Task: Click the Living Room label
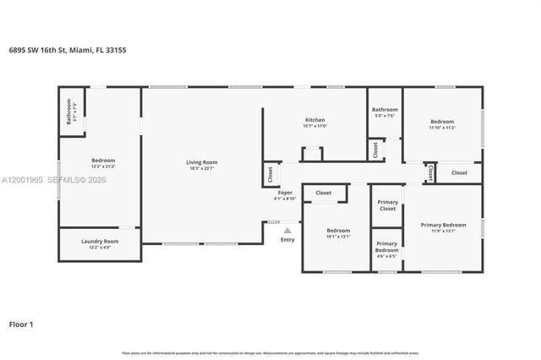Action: [x=202, y=162]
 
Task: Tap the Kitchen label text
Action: [x=315, y=120]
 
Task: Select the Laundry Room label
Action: [x=100, y=241]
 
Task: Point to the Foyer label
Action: [x=285, y=193]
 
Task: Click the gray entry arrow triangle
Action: [x=287, y=229]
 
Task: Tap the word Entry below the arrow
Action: [x=287, y=240]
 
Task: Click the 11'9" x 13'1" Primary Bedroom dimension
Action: [x=443, y=231]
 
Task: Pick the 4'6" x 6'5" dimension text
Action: [x=386, y=256]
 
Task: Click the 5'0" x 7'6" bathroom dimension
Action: [x=385, y=116]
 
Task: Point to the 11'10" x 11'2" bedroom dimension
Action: [x=442, y=128]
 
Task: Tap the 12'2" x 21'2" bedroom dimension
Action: [x=103, y=166]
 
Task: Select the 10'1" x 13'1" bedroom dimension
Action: [x=338, y=237]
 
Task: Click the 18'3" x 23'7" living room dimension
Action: [x=202, y=168]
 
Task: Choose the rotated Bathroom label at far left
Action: [x=69, y=112]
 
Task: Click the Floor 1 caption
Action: [x=21, y=324]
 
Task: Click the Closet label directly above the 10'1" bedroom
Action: [x=324, y=193]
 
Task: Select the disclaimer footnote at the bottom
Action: [x=270, y=352]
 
